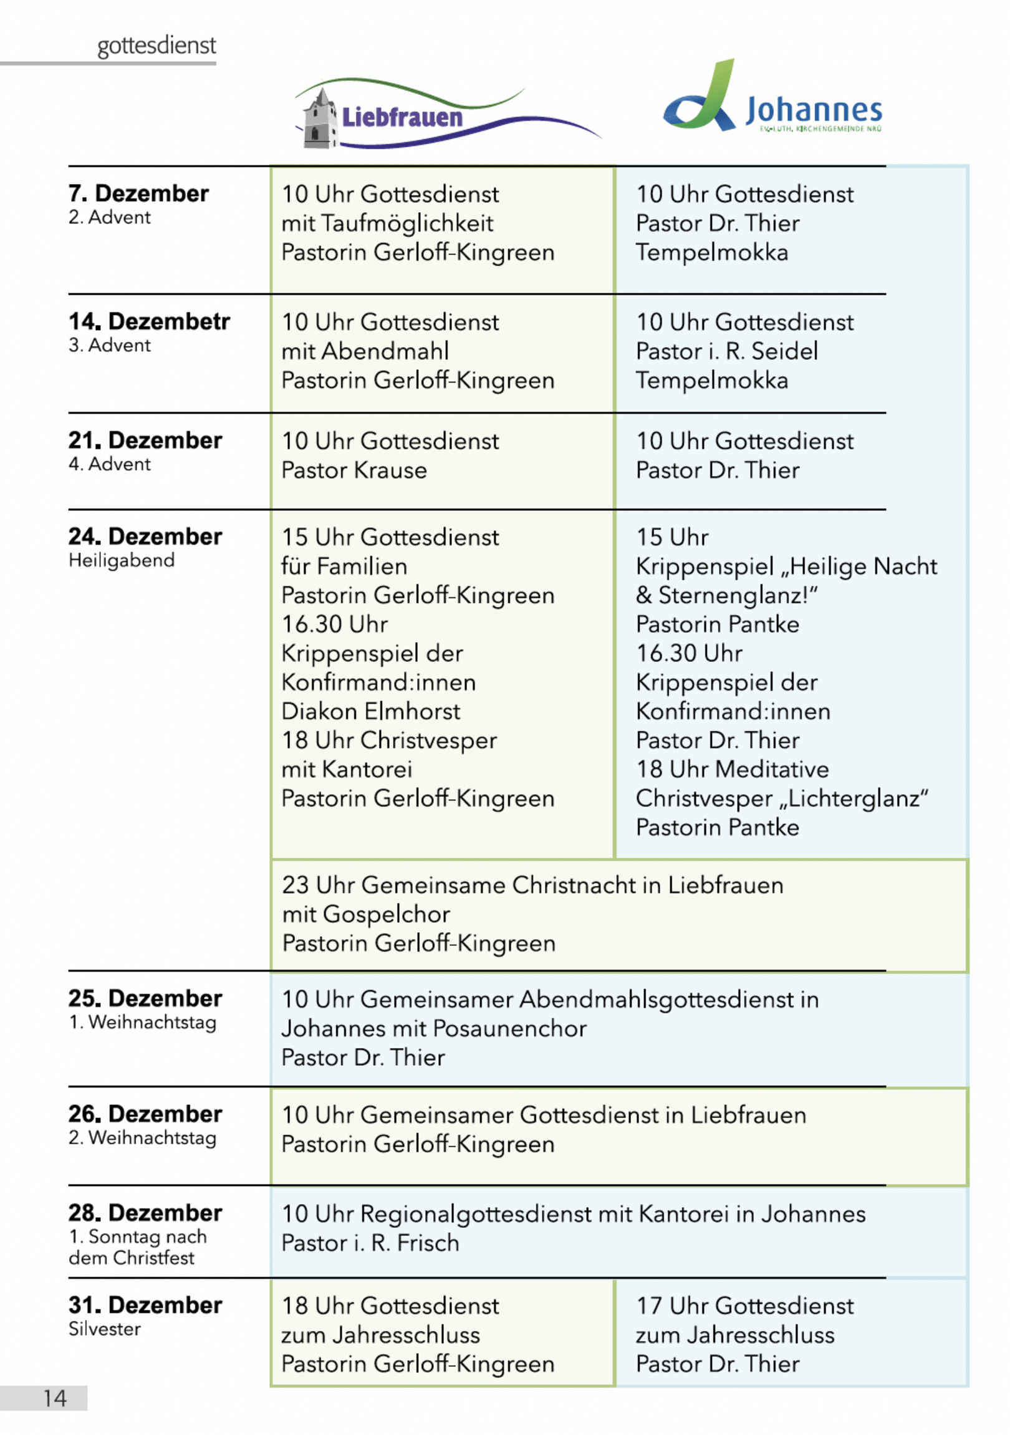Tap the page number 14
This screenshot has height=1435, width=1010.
tap(54, 1398)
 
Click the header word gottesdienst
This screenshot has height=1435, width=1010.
tap(156, 46)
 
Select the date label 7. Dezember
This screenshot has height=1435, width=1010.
tap(138, 193)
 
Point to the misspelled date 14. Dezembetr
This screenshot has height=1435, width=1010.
tap(148, 321)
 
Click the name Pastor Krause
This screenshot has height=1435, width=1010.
tap(353, 470)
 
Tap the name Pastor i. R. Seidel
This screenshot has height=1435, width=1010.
tap(726, 351)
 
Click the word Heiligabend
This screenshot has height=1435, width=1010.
tap(121, 560)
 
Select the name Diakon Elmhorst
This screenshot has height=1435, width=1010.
tap(370, 711)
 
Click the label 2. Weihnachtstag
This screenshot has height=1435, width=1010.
tap(142, 1137)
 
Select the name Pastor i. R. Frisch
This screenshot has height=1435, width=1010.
tap(370, 1242)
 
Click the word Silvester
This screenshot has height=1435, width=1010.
tap(104, 1329)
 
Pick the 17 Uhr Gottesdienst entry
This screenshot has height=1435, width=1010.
tap(744, 1306)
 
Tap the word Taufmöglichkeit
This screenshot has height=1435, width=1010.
tap(407, 223)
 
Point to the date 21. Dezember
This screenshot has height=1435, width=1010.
tap(145, 440)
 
